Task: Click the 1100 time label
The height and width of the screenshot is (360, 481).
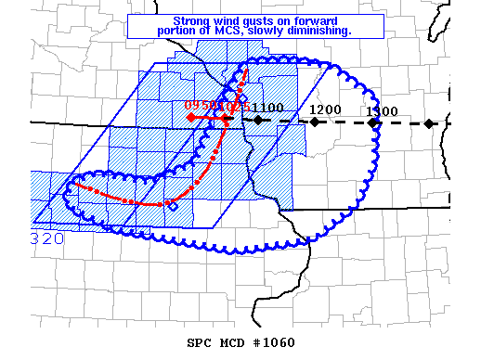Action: coord(267,109)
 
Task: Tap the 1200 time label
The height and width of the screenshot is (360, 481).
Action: coord(325,109)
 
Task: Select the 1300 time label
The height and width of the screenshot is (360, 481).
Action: coord(382,111)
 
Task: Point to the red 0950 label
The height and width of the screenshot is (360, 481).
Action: coord(200,106)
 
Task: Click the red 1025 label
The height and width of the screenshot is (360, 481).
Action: coord(232,107)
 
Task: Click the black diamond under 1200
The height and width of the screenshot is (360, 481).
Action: coord(315,122)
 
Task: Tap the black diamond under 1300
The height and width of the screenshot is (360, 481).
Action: coord(372,122)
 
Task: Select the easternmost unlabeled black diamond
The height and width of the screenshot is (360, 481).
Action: coord(428,123)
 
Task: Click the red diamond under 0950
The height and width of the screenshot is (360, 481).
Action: coord(190,117)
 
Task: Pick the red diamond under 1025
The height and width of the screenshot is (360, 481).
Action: coord(227,117)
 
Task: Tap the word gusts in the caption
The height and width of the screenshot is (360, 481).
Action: coord(259,19)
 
